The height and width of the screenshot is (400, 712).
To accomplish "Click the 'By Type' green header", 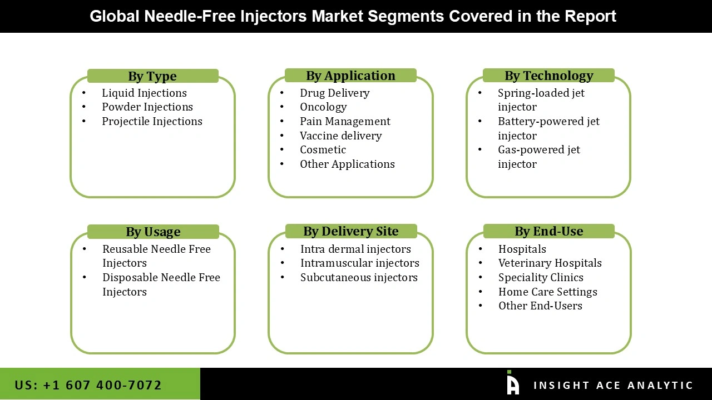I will click(152, 76).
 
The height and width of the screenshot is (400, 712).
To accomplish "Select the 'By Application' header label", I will click(350, 76).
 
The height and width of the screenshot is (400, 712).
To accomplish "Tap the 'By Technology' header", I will click(548, 76).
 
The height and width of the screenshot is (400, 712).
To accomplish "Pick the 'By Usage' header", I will click(153, 232).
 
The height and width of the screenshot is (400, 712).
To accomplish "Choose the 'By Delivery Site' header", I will click(351, 231).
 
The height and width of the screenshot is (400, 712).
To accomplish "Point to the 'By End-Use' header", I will click(548, 231).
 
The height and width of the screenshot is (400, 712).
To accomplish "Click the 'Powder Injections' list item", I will click(147, 107).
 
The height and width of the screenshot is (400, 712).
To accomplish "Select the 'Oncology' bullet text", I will click(323, 107).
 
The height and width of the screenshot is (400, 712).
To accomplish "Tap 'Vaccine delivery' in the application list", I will click(340, 136).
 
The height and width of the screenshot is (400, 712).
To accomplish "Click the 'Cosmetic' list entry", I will click(323, 149).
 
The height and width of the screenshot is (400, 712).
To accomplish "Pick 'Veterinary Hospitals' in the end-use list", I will click(550, 263).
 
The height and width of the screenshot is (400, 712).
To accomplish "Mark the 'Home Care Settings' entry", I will click(547, 292).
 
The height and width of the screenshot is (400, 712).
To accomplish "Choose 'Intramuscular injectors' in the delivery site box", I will click(359, 263).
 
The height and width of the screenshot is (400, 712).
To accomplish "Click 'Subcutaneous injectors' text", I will click(359, 277).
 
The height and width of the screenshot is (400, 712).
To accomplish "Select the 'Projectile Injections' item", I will click(152, 121).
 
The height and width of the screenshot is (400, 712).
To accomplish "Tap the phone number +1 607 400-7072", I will click(88, 385).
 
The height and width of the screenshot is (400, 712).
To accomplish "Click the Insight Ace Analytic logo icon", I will click(512, 383).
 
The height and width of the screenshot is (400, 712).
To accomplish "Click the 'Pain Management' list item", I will click(345, 121).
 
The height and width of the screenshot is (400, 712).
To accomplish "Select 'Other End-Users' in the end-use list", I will click(540, 306).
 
